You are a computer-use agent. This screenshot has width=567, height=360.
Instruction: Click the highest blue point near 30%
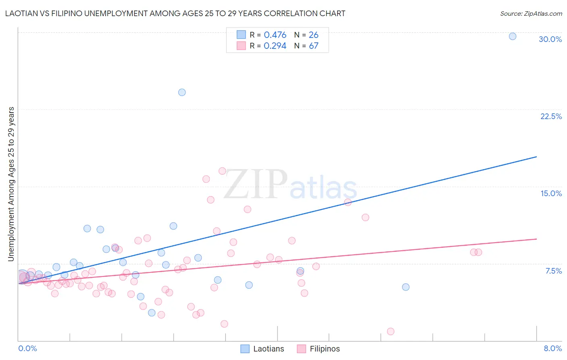click(x=513, y=36)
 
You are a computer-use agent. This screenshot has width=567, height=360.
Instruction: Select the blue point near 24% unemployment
click(x=182, y=92)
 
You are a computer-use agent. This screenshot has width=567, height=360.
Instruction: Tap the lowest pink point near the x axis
click(x=390, y=331)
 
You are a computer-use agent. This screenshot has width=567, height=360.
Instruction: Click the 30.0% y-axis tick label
click(x=550, y=39)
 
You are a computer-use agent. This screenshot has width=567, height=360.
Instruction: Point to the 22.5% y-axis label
click(x=551, y=116)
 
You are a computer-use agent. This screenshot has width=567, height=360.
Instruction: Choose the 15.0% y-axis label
click(x=551, y=193)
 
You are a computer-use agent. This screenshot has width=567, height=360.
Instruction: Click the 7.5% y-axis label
click(x=553, y=271)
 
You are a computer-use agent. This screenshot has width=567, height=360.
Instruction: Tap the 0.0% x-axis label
click(x=27, y=348)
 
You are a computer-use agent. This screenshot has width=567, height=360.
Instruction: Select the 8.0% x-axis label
click(x=552, y=348)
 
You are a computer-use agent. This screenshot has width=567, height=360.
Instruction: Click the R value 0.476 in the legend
click(x=275, y=35)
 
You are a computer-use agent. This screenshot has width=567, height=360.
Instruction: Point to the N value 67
click(x=313, y=46)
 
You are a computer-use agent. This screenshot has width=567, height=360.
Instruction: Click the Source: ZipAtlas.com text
click(x=531, y=13)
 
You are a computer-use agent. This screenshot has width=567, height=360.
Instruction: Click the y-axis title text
click(x=11, y=184)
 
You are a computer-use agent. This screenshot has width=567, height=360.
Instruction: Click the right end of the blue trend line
click(x=536, y=157)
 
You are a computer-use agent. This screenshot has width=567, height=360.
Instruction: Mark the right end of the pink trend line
click(x=536, y=239)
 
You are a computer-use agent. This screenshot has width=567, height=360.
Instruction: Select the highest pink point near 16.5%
click(x=222, y=171)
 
